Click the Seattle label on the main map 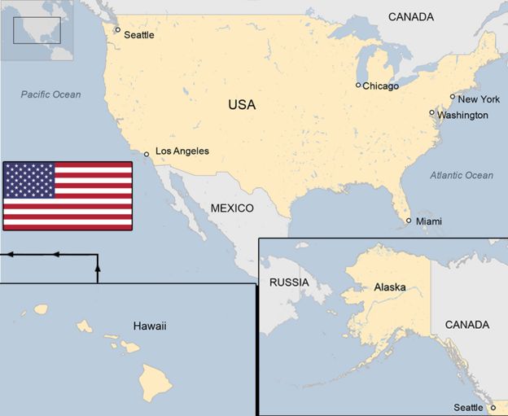(x=138, y=35)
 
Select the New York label (x=479, y=99)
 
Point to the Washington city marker (x=432, y=112)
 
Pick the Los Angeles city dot (x=147, y=154)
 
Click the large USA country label (x=241, y=105)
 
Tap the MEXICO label (x=232, y=208)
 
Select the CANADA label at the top (x=410, y=16)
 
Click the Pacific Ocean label (x=51, y=94)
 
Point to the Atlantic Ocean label (x=462, y=175)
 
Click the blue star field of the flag (x=29, y=180)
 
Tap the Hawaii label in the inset (x=149, y=326)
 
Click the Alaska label (x=390, y=287)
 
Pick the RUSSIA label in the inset (x=288, y=282)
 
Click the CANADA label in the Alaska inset (x=466, y=325)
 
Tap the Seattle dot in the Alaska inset (x=493, y=407)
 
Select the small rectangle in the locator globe (x=37, y=30)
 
